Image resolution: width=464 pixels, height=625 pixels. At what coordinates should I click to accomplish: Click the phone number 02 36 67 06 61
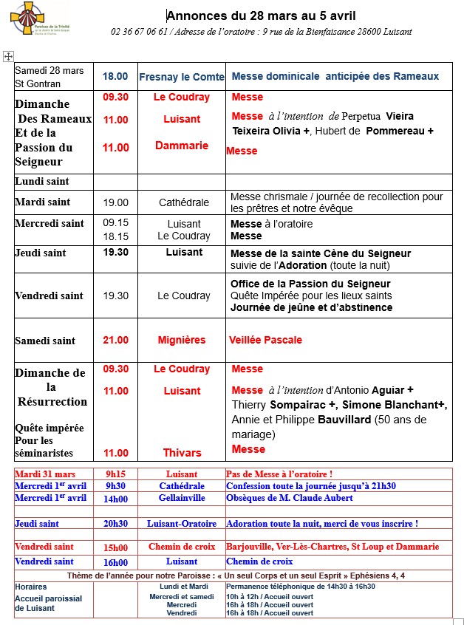pyautogui.click(x=140, y=32)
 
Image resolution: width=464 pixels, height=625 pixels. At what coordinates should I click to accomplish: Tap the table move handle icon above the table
pyautogui.click(x=8, y=56)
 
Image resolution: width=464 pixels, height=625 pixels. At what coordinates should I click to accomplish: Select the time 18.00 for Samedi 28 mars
pyautogui.click(x=115, y=76)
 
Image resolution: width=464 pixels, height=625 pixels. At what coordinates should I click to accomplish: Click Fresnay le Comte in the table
pyautogui.click(x=181, y=76)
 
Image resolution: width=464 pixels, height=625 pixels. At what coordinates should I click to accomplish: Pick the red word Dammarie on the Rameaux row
pyautogui.click(x=182, y=146)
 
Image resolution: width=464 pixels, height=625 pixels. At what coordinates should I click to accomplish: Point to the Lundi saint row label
pyautogui.click(x=42, y=181)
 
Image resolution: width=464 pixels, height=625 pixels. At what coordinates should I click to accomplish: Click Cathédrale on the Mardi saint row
pyautogui.click(x=184, y=202)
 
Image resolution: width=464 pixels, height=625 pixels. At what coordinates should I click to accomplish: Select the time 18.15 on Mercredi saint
pyautogui.click(x=115, y=236)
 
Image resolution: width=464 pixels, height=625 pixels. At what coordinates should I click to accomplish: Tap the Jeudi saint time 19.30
pyautogui.click(x=115, y=253)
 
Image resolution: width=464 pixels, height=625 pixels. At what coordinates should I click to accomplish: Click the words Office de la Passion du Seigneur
pyautogui.click(x=310, y=284)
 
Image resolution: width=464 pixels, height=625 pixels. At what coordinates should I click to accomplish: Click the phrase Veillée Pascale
pyautogui.click(x=265, y=340)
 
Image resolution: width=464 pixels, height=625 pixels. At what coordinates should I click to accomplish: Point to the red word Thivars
pyautogui.click(x=182, y=452)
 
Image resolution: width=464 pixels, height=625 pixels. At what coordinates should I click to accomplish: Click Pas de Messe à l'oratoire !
pyautogui.click(x=279, y=474)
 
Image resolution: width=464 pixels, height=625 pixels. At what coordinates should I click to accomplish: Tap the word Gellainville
pyautogui.click(x=182, y=498)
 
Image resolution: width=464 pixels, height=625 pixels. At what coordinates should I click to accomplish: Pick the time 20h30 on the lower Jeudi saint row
pyautogui.click(x=116, y=523)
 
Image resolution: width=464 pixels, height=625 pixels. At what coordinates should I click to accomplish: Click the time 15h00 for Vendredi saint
pyautogui.click(x=116, y=547)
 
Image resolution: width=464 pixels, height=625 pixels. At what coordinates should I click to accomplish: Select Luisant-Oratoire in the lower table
pyautogui.click(x=182, y=523)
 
